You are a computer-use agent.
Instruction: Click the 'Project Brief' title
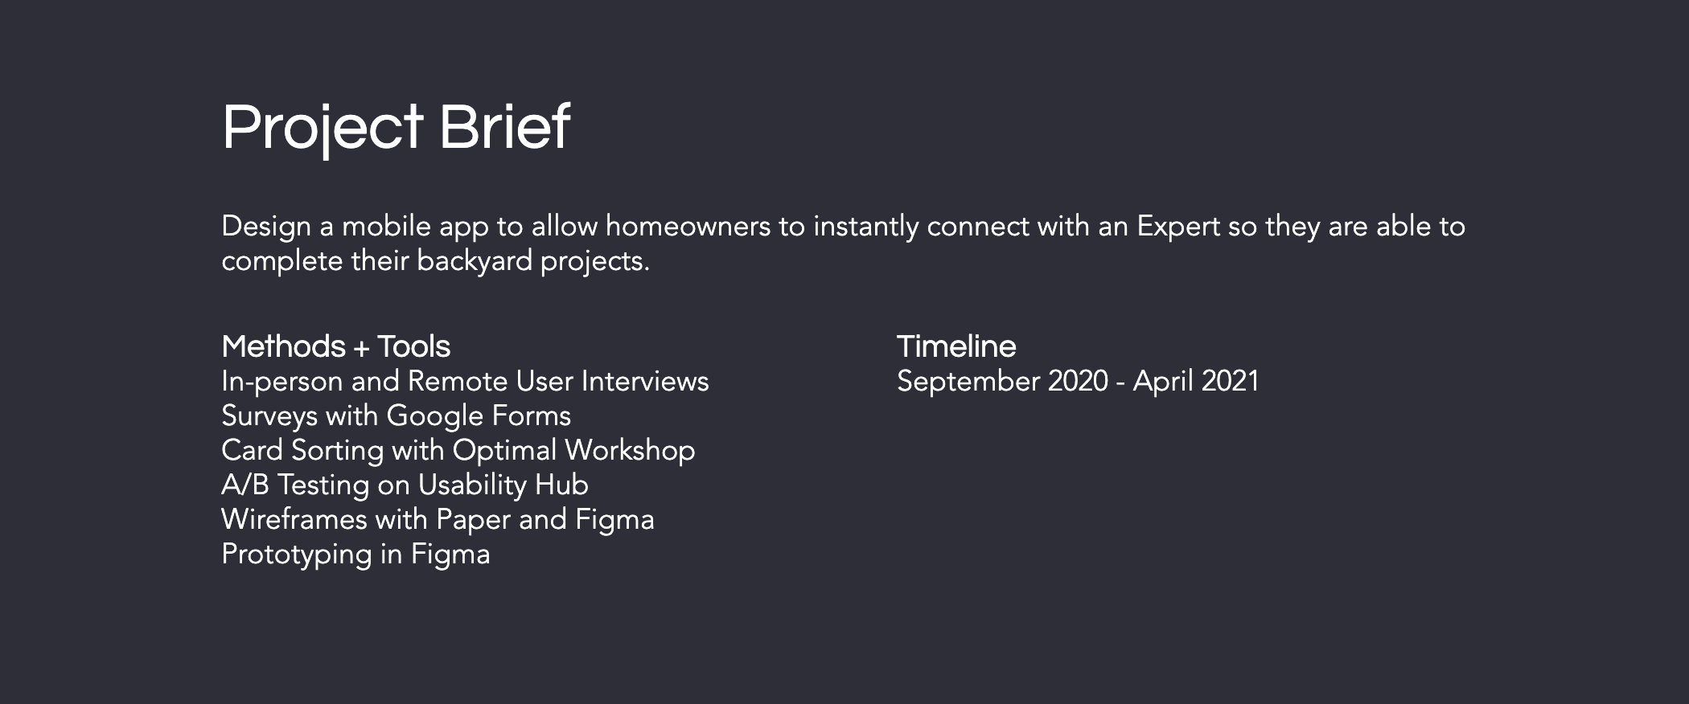[396, 129]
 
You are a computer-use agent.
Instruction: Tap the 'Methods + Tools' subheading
[335, 346]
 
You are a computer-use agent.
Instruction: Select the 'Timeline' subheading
[956, 346]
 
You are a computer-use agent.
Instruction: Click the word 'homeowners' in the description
[688, 227]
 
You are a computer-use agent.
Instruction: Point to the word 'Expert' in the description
[1178, 227]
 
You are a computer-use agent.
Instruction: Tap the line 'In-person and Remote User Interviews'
[465, 381]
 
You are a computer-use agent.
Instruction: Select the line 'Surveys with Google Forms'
[396, 416]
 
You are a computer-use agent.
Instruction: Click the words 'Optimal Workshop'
[573, 451]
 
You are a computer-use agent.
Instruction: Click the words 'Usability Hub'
[503, 485]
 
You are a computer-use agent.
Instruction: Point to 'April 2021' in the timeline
[1196, 382]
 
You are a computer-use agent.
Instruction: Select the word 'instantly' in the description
[865, 227]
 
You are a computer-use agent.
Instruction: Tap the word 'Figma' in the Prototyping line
[450, 555]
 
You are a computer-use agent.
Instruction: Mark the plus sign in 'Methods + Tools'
[362, 348]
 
